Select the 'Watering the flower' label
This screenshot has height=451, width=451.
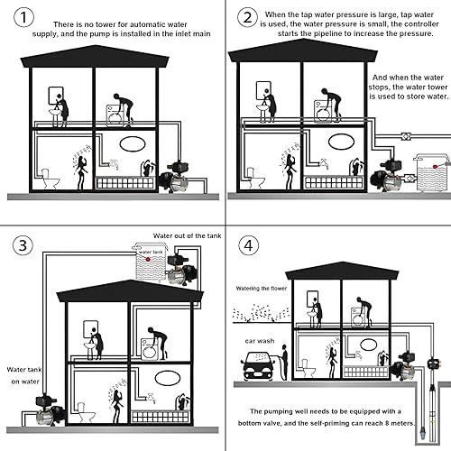pos(262,288)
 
